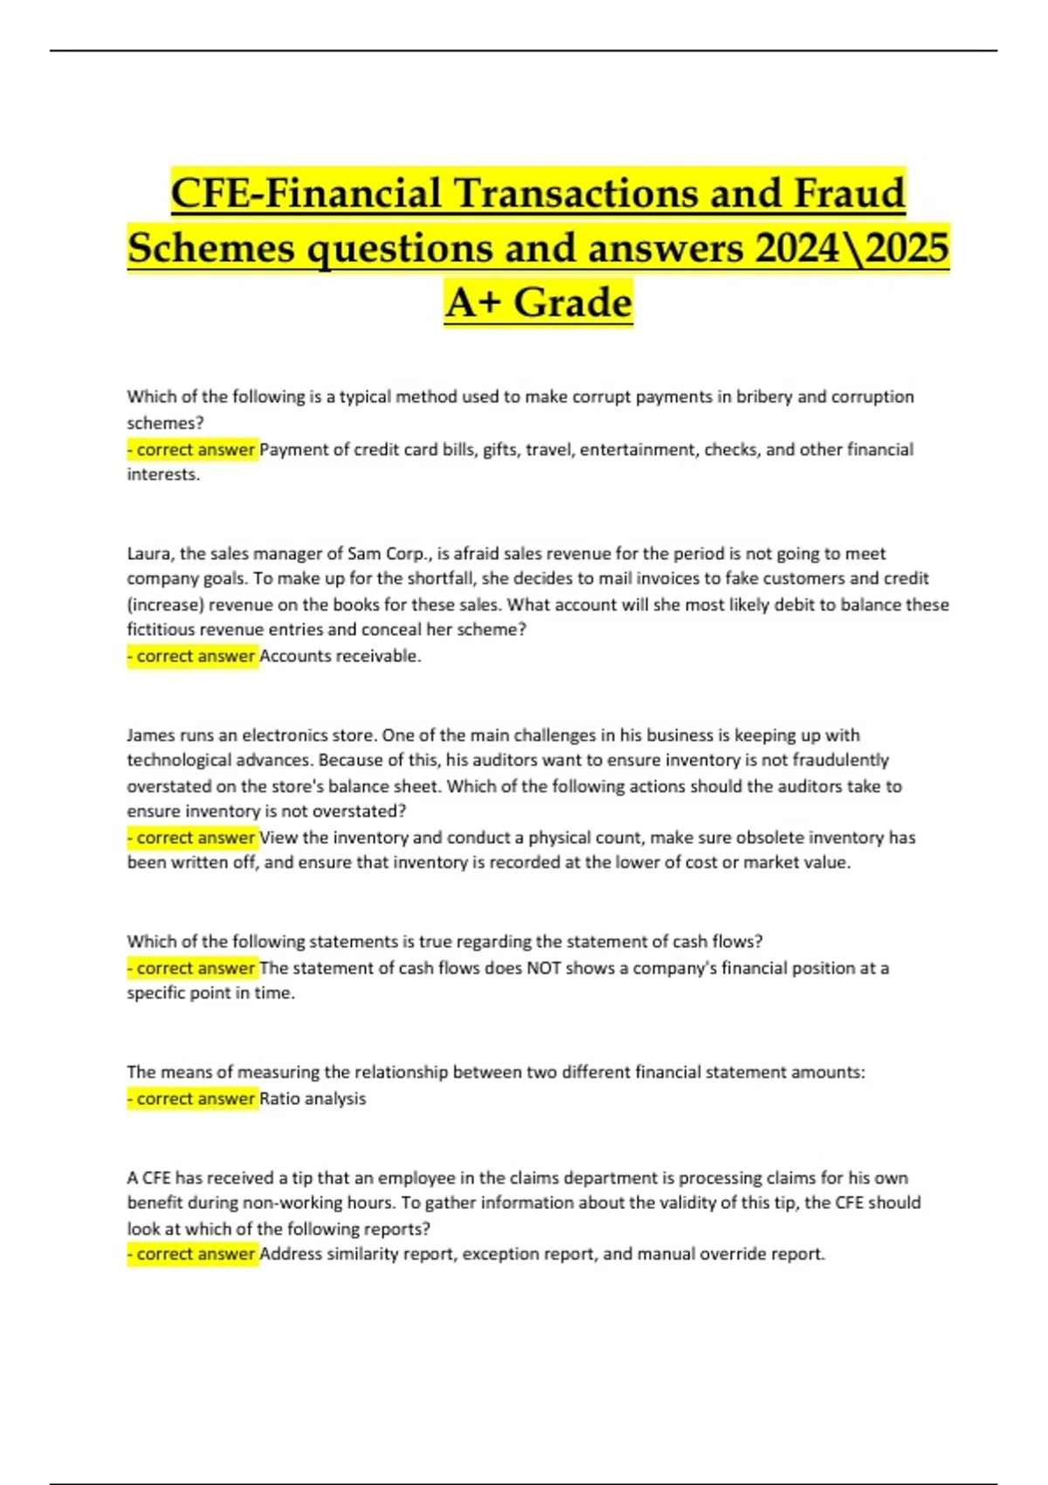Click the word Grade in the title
tap(572, 303)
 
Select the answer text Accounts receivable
tap(340, 656)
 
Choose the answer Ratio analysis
tap(313, 1099)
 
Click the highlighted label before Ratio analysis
tap(192, 1099)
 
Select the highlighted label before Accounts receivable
tap(192, 656)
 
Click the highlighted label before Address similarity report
tap(192, 1254)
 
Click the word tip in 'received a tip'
tap(302, 1178)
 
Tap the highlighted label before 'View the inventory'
tap(192, 838)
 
